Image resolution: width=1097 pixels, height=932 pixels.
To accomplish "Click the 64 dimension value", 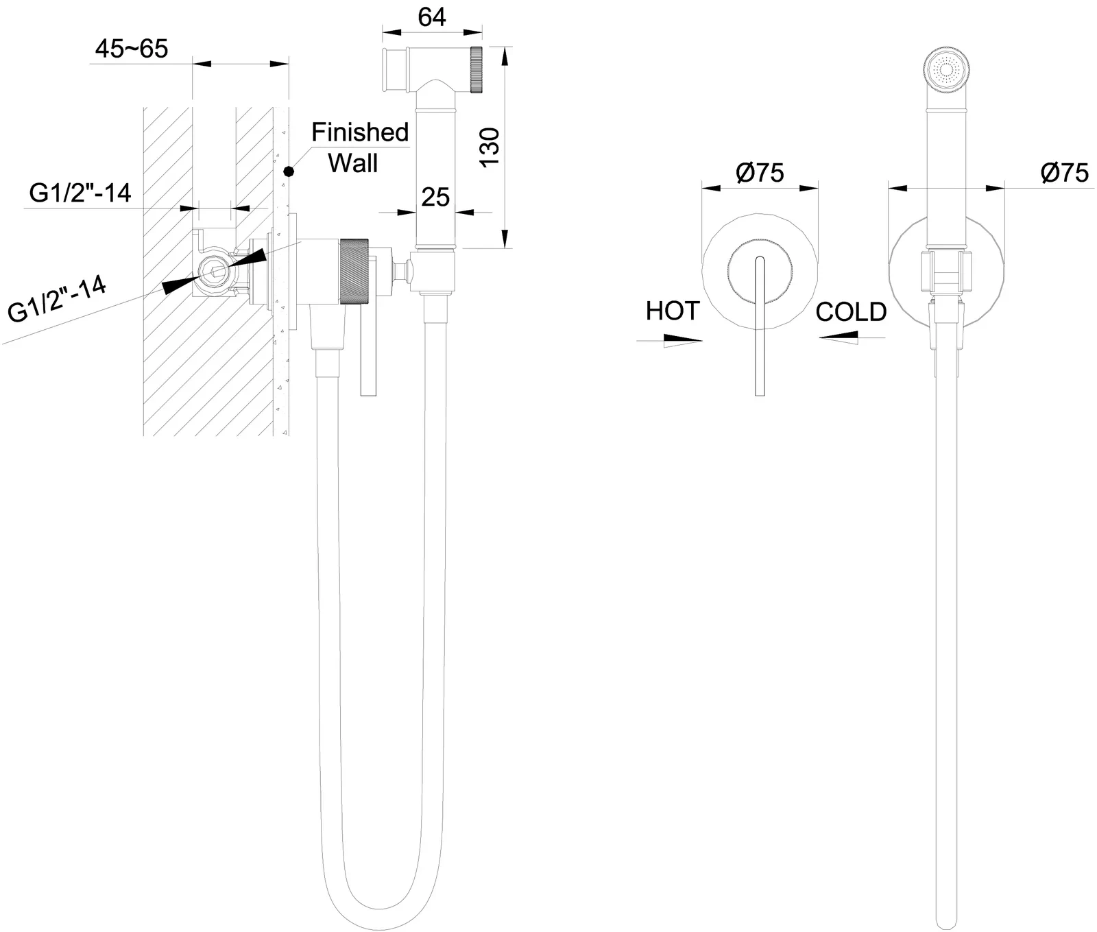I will pyautogui.click(x=432, y=16).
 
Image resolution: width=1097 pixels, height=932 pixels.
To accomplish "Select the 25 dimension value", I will pyautogui.click(x=435, y=198).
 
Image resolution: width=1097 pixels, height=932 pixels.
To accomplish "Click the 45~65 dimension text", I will pyautogui.click(x=131, y=49).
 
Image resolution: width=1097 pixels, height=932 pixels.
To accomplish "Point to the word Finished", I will pyautogui.click(x=360, y=132).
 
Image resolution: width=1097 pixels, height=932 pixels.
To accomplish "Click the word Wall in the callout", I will pyautogui.click(x=353, y=163).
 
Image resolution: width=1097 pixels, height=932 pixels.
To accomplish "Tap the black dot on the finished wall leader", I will pyautogui.click(x=289, y=171).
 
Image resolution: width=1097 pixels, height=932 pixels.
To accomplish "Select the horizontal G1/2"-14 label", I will pyautogui.click(x=80, y=193).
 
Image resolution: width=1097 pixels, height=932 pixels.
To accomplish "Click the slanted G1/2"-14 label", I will pyautogui.click(x=58, y=300).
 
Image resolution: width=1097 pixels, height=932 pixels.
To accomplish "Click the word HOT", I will pyautogui.click(x=672, y=311).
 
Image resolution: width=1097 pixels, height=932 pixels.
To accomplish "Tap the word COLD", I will pyautogui.click(x=851, y=312).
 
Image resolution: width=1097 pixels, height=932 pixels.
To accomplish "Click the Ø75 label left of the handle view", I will pyautogui.click(x=760, y=172).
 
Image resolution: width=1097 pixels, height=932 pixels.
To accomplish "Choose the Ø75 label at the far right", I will pyautogui.click(x=1064, y=172).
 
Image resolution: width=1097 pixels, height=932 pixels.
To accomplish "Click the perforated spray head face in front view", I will pyautogui.click(x=947, y=71).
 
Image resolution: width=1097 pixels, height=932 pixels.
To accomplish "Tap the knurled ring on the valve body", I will pyautogui.click(x=355, y=270).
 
